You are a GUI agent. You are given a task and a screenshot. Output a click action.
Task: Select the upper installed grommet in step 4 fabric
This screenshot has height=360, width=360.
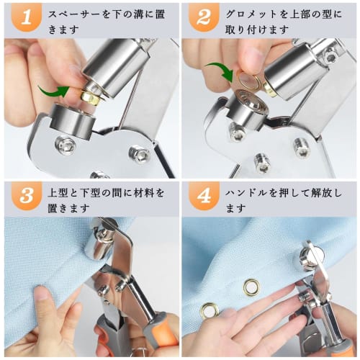pyautogui.click(x=251, y=287)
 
